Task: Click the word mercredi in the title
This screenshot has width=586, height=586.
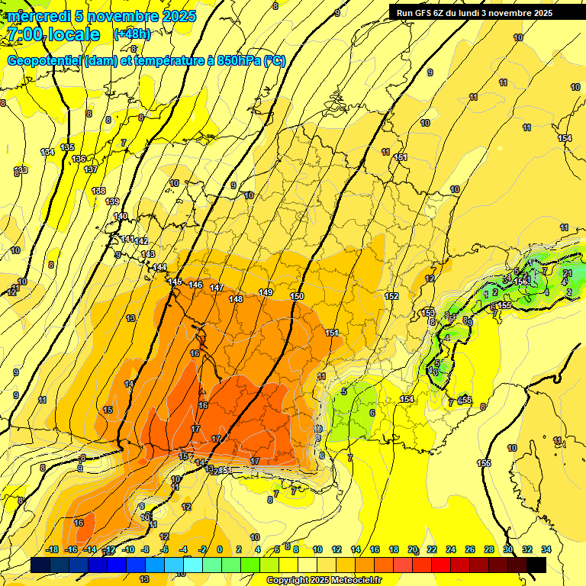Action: (x=38, y=16)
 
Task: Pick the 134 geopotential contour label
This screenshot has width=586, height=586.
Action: (x=47, y=152)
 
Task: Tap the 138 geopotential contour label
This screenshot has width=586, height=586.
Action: (x=98, y=191)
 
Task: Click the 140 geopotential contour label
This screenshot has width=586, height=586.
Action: (x=121, y=217)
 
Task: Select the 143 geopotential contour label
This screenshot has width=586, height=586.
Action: (x=148, y=254)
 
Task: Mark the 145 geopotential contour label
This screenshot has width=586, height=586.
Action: (x=175, y=282)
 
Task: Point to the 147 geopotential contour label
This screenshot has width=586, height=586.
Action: (x=217, y=288)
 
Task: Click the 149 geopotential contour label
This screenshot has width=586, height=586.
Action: (x=266, y=293)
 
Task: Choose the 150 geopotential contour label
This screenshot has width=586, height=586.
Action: (x=297, y=296)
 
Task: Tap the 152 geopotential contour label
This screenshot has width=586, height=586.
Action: (x=391, y=296)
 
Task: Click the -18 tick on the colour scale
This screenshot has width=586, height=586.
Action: (x=52, y=549)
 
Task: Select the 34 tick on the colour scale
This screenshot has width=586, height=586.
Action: (x=546, y=549)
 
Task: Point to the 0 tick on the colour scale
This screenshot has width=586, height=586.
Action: (x=220, y=549)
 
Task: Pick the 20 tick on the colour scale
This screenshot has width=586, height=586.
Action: (x=413, y=549)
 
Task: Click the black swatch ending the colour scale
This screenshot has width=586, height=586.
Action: (x=536, y=565)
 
